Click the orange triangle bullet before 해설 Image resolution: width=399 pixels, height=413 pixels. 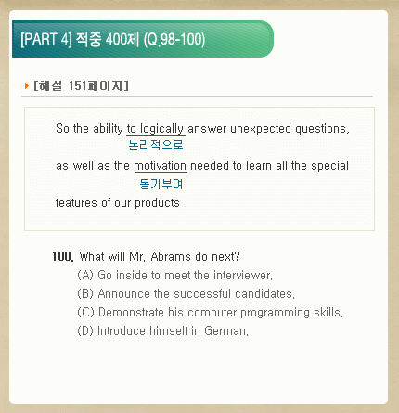tap(27, 85)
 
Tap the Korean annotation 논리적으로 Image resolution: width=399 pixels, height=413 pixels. tap(156, 145)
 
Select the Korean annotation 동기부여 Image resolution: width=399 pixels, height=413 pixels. tap(161, 184)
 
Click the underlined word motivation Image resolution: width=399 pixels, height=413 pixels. tap(161, 166)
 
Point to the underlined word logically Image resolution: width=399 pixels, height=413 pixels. tap(161, 129)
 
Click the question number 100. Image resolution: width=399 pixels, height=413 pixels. tap(63, 256)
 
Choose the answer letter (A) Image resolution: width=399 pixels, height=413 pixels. tap(85, 275)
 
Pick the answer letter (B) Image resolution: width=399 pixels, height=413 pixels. tap(85, 293)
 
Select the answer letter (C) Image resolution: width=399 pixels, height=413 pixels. tap(85, 312)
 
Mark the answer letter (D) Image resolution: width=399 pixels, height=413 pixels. tap(85, 330)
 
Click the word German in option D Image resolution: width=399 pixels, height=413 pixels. tap(225, 331)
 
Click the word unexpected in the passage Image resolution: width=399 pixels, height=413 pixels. tap(261, 129)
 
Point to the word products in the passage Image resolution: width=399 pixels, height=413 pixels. tap(157, 203)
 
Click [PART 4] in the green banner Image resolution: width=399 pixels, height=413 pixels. tap(46, 39)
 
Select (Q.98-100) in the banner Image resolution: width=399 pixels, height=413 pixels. tap(174, 40)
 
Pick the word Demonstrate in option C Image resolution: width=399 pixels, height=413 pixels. tap(131, 312)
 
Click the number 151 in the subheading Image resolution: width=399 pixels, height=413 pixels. tap(77, 85)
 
